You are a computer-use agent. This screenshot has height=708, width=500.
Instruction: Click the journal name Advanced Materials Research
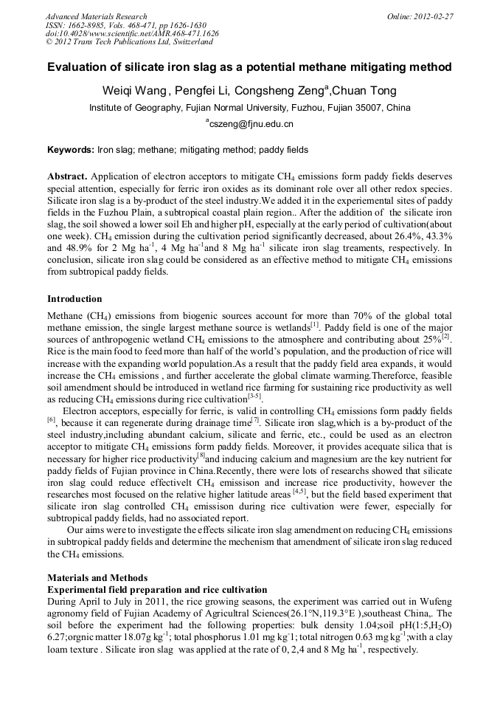[96, 16]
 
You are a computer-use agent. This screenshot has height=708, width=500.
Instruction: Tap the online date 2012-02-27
[433, 16]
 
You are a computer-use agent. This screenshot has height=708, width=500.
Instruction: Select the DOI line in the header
[132, 34]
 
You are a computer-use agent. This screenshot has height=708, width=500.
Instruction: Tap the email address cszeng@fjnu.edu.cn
[251, 124]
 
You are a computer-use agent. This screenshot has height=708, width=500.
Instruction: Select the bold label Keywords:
[71, 150]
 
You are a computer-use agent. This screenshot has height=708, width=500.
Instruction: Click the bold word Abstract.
[68, 177]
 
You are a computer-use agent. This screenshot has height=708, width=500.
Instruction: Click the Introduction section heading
[74, 299]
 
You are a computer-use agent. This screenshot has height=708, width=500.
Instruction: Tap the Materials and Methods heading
[97, 577]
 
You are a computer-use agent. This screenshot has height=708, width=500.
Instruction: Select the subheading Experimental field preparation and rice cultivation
[156, 590]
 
